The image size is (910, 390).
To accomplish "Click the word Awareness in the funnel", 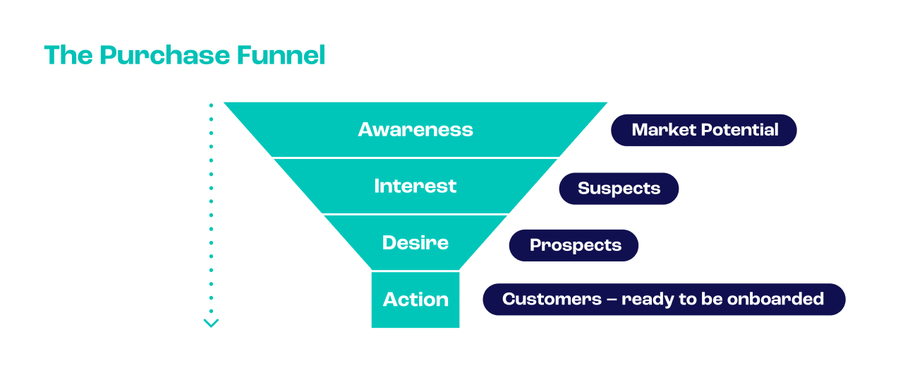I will (415, 129).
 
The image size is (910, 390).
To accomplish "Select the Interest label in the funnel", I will (415, 186).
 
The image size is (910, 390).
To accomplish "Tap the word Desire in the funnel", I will (415, 243).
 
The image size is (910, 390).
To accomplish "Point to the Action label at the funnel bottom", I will (415, 300).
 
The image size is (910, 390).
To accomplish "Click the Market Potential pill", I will (704, 130).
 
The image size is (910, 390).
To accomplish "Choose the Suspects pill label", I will (619, 189).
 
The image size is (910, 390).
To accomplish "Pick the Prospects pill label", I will (575, 245).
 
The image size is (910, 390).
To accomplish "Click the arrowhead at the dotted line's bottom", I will (211, 323).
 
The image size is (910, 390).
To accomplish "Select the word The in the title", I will (68, 56).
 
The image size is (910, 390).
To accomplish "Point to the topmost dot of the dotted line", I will (211, 105).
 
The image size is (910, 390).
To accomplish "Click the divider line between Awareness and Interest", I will (415, 158).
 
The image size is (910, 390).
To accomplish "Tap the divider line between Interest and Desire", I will (415, 214).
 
